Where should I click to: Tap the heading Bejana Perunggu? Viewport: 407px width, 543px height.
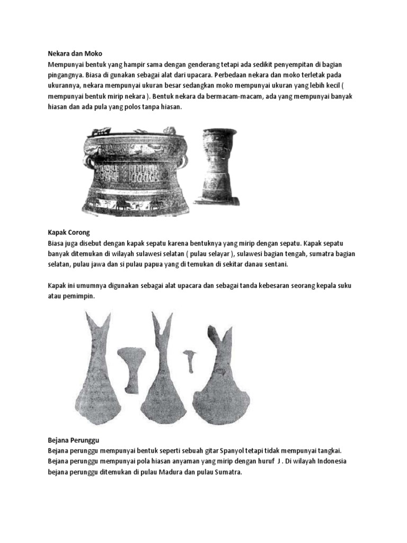pyautogui.click(x=74, y=440)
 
